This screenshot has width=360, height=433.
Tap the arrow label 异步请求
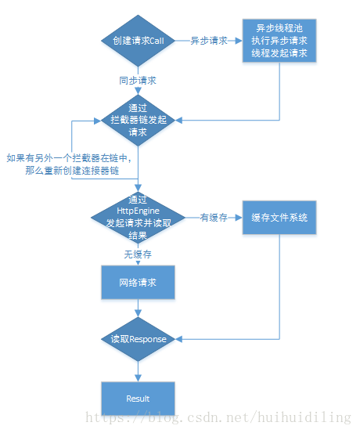pos(209,41)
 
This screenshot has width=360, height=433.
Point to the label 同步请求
pos(139,80)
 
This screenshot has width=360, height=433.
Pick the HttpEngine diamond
pos(138,218)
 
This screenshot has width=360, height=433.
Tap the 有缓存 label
pos(213,218)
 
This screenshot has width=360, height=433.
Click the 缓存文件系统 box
pos(279,218)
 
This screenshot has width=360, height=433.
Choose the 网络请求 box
pos(138,282)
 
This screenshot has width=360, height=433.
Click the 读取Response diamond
pos(138,339)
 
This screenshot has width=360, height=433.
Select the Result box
pos(138,399)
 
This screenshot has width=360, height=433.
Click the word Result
pos(138,399)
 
